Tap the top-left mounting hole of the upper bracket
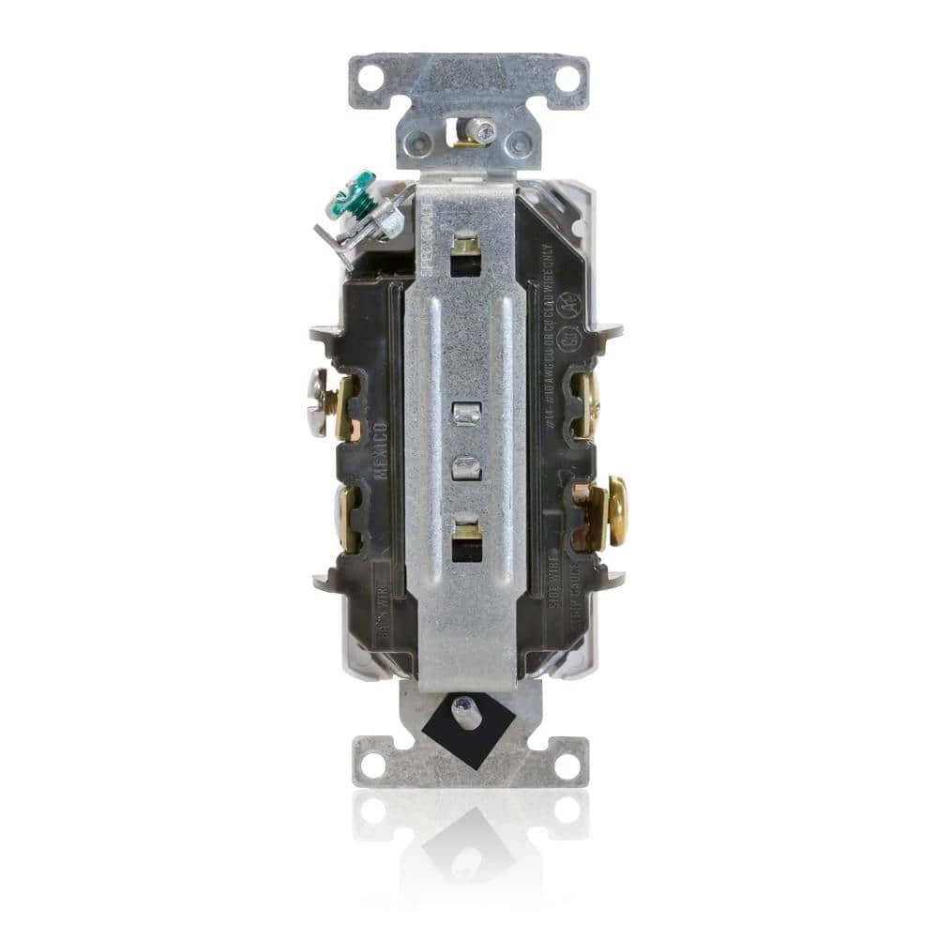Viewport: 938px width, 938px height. pos(371,78)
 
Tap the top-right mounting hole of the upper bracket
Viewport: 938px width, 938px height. pos(567,78)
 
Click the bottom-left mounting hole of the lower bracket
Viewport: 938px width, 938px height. pos(372,764)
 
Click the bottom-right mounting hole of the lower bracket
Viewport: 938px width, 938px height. pos(566,764)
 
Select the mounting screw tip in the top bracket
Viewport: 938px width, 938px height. pos(483,132)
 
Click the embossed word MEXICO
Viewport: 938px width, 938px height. pos(381,450)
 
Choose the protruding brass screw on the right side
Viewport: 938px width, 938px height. pos(615,511)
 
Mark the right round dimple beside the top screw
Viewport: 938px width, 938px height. pos(519,144)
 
